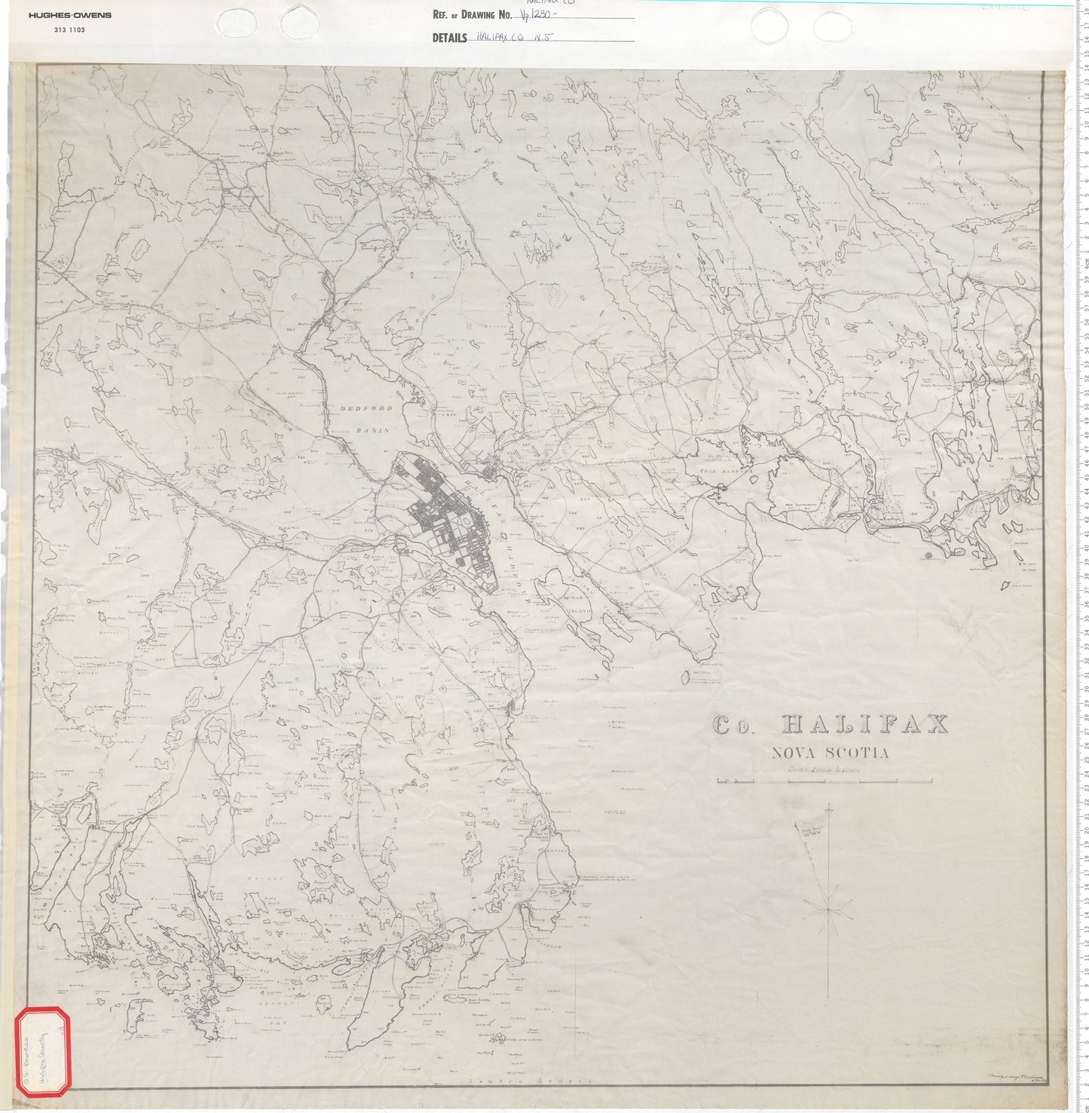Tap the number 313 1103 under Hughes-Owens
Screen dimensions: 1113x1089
(70, 29)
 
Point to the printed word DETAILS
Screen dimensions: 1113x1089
(450, 38)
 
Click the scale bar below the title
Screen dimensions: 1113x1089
(834, 781)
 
